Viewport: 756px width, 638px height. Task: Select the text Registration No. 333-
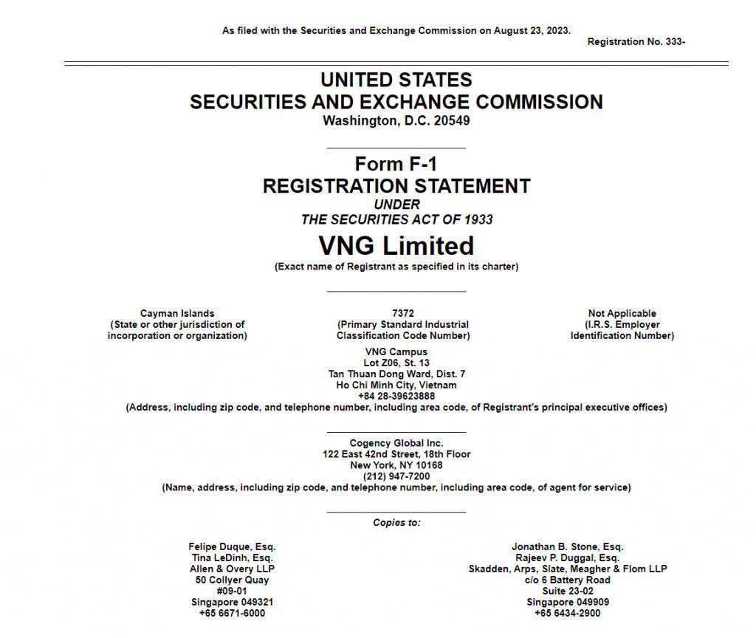pyautogui.click(x=636, y=42)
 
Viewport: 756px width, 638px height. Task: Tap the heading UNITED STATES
pyautogui.click(x=396, y=80)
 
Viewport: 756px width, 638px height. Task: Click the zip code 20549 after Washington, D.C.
pyautogui.click(x=452, y=121)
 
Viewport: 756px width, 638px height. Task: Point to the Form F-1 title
pyautogui.click(x=396, y=164)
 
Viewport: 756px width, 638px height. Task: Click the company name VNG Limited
pyautogui.click(x=396, y=245)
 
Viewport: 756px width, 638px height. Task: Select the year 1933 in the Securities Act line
pyautogui.click(x=478, y=219)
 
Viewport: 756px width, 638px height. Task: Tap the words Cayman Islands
pyautogui.click(x=177, y=313)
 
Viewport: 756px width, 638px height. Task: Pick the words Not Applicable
pyautogui.click(x=622, y=313)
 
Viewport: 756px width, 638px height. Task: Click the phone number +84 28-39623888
pyautogui.click(x=396, y=396)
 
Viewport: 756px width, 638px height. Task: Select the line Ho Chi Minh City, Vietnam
pyautogui.click(x=396, y=385)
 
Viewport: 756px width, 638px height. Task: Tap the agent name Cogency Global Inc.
pyautogui.click(x=396, y=443)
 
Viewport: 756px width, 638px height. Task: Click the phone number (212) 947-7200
pyautogui.click(x=396, y=476)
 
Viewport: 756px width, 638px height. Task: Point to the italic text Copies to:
pyautogui.click(x=396, y=523)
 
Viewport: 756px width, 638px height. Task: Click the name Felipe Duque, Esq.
pyautogui.click(x=232, y=547)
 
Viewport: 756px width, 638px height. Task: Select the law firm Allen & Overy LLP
pyautogui.click(x=232, y=569)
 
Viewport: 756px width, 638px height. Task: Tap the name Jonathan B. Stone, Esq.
pyautogui.click(x=567, y=547)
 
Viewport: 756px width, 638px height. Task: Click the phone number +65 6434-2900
pyautogui.click(x=567, y=613)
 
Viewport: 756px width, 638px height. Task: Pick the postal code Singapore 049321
pyautogui.click(x=232, y=602)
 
